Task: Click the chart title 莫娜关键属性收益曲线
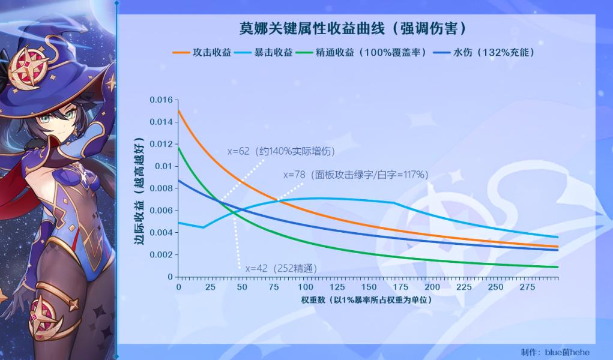312,29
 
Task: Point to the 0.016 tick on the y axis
161,100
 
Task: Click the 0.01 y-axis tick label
164,167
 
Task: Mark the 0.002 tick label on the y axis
161,255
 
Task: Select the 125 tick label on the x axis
337,287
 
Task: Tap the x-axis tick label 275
527,287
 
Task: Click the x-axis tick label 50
242,287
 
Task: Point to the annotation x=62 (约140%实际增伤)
281,151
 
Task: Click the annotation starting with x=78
356,175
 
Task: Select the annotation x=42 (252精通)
281,269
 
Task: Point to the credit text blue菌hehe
567,352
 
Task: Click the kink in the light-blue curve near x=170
394,202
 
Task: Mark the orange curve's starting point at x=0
179,111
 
